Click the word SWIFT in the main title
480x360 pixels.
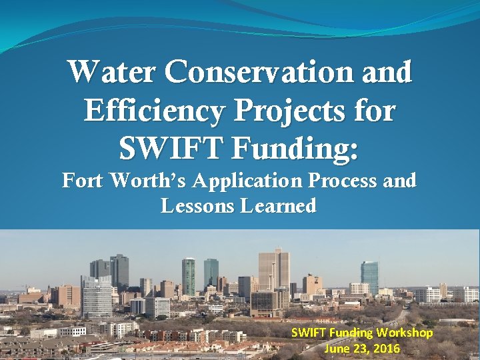point(171,147)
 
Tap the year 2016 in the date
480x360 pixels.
point(386,349)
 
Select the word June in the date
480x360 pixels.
point(337,349)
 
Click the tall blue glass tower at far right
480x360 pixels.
point(369,277)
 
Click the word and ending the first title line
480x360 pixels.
point(389,73)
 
